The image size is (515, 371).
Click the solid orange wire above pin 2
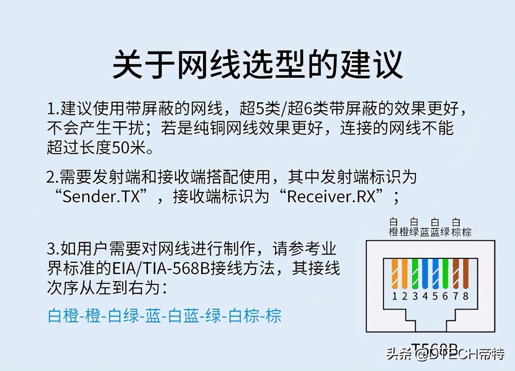[405, 274]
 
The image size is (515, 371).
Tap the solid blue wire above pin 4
[425, 274]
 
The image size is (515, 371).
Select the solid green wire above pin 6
[445, 274]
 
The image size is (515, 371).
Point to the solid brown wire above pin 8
[466, 274]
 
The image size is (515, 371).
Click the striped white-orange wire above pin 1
[394, 274]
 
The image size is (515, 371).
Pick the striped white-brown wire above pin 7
[456, 274]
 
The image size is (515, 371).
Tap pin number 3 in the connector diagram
[415, 296]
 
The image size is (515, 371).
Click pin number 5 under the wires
[435, 296]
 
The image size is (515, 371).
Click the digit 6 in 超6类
[307, 109]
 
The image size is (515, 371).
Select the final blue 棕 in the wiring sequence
[273, 316]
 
